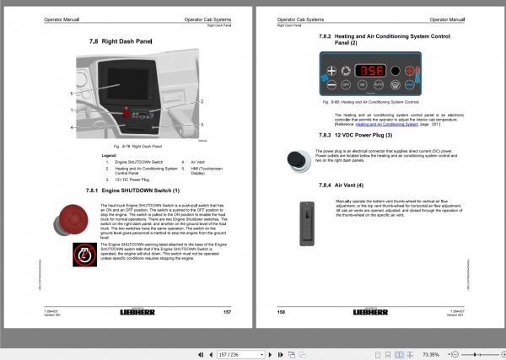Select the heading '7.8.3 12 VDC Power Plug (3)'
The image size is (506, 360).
click(x=349, y=136)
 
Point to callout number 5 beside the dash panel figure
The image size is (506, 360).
click(x=72, y=94)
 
